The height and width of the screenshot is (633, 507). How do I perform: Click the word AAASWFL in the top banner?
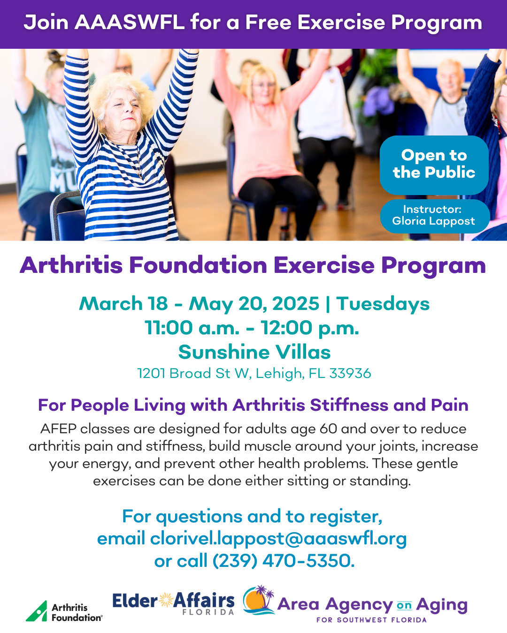click(129, 23)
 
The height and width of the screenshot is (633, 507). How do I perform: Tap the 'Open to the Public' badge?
click(434, 165)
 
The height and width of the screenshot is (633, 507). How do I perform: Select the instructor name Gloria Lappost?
click(433, 221)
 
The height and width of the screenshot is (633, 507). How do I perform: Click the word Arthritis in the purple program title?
click(71, 265)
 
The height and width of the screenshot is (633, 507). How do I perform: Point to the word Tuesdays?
click(383, 304)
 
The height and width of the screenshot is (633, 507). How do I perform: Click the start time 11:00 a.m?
click(192, 328)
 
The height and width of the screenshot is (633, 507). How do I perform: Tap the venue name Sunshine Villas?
click(254, 352)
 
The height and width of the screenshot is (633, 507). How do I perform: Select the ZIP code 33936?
click(350, 373)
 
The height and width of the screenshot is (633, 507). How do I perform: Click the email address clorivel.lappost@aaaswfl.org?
click(278, 539)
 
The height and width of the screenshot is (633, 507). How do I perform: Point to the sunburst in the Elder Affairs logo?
click(166, 600)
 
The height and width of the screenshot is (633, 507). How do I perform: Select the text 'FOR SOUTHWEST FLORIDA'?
click(371, 620)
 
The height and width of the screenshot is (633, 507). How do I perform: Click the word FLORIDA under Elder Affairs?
click(208, 612)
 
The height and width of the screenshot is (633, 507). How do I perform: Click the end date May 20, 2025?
click(254, 304)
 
